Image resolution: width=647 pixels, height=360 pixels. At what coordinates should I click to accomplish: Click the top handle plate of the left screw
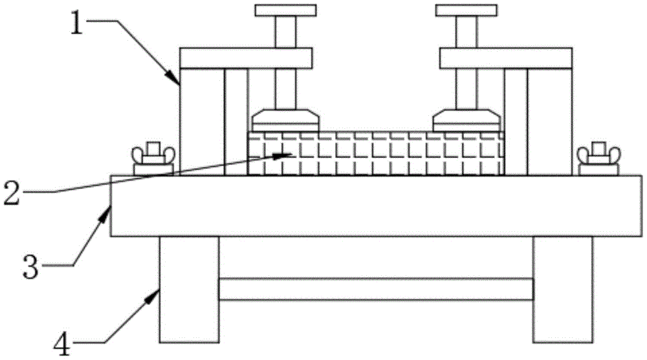click(285, 10)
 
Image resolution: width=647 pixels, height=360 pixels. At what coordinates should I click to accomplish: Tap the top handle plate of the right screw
click(466, 10)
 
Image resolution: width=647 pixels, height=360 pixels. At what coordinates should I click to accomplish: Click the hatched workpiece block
click(375, 153)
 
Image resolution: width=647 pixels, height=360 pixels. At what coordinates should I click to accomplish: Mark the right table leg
click(562, 289)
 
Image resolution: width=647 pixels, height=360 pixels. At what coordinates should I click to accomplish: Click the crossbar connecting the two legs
click(375, 289)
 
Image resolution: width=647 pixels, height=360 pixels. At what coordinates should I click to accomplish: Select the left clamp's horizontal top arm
click(246, 58)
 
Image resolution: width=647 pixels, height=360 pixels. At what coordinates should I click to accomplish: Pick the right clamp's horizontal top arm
click(506, 58)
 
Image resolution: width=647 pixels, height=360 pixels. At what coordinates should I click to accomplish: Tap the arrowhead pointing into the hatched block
click(285, 155)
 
